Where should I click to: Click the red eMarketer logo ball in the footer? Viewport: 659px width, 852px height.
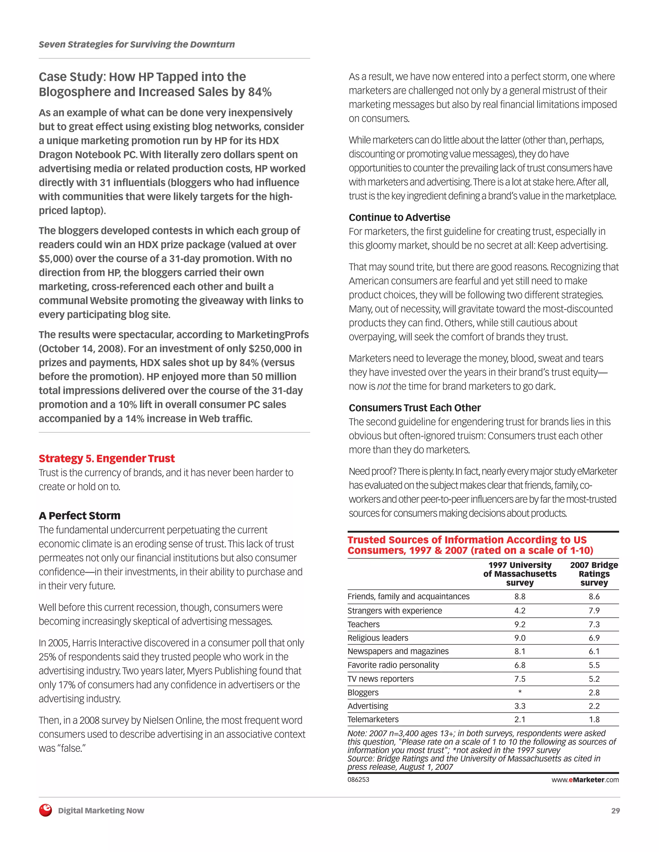45,810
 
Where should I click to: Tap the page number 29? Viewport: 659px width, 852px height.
615,811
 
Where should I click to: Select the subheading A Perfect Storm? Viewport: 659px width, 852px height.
80,515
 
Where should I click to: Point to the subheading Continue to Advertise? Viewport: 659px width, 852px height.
399,217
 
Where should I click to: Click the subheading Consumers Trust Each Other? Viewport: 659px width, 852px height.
414,408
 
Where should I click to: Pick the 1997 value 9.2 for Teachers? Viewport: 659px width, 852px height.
520,624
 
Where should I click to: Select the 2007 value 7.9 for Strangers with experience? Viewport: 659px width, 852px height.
594,611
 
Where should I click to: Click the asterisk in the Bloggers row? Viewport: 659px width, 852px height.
520,693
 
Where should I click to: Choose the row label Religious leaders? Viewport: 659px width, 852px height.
377,638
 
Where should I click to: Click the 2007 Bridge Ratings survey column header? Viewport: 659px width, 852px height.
594,574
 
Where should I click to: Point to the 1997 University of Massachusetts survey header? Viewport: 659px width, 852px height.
520,574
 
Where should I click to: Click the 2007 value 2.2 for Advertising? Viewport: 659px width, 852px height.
594,706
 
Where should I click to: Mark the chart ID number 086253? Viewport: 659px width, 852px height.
358,779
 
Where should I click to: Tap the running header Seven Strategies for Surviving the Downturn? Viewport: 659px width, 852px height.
137,44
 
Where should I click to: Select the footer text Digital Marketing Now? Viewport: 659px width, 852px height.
101,811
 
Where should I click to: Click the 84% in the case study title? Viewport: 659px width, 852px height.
259,92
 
